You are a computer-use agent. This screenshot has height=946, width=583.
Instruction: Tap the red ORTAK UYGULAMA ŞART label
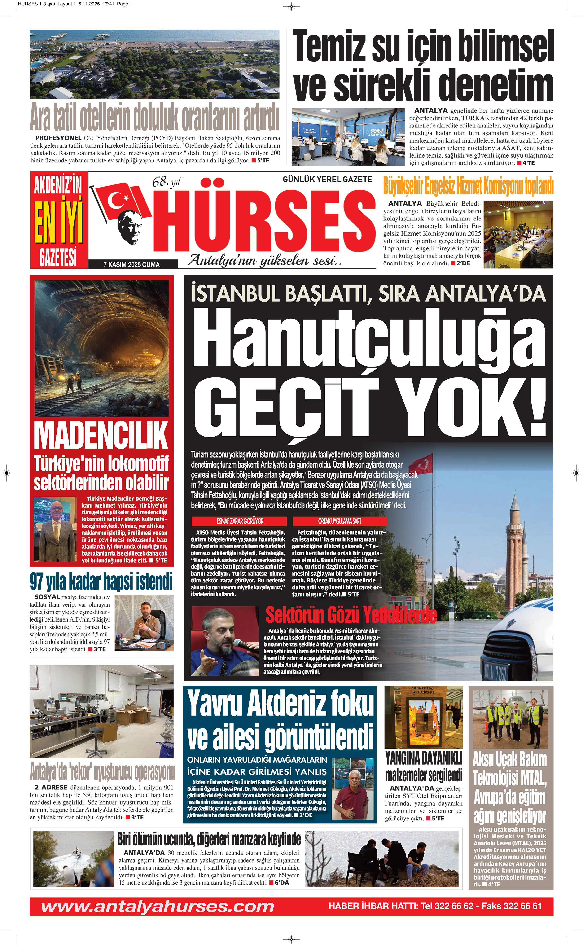(x=340, y=521)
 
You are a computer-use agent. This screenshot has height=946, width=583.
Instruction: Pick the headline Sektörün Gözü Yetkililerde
(x=351, y=614)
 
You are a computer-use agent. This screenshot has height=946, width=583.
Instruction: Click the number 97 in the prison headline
(x=37, y=582)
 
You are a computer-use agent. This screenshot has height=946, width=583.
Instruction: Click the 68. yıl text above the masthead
(x=166, y=182)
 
